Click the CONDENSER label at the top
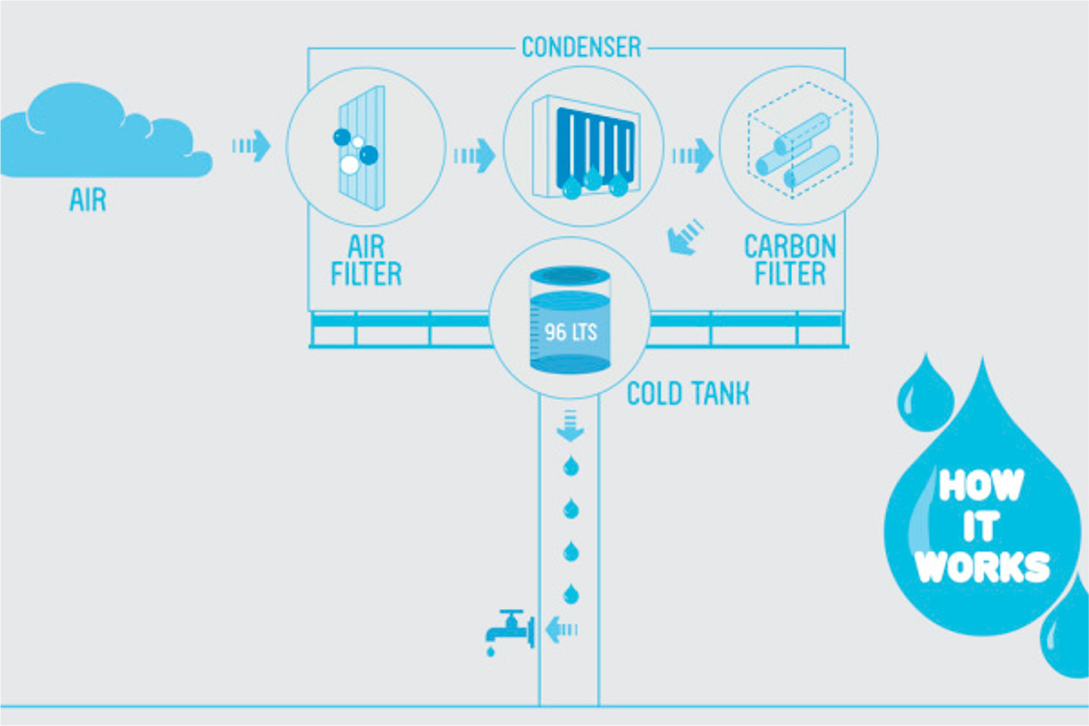pyautogui.click(x=581, y=48)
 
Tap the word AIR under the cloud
pyautogui.click(x=88, y=200)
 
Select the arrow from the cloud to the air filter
pyautogui.click(x=251, y=146)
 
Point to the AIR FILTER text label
pyautogui.click(x=367, y=261)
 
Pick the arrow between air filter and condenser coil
pyautogui.click(x=475, y=155)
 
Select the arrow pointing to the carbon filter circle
pyautogui.click(x=693, y=155)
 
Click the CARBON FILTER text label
pyautogui.click(x=790, y=261)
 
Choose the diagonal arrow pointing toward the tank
pyautogui.click(x=685, y=237)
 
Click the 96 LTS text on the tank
pyautogui.click(x=571, y=332)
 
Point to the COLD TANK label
pyautogui.click(x=688, y=394)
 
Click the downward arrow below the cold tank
pyautogui.click(x=570, y=426)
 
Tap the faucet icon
pyautogui.click(x=510, y=627)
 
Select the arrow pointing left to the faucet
pyautogui.click(x=561, y=630)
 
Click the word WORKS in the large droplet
pyautogui.click(x=982, y=567)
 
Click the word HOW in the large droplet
pyautogui.click(x=981, y=485)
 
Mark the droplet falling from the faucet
pyautogui.click(x=491, y=652)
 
